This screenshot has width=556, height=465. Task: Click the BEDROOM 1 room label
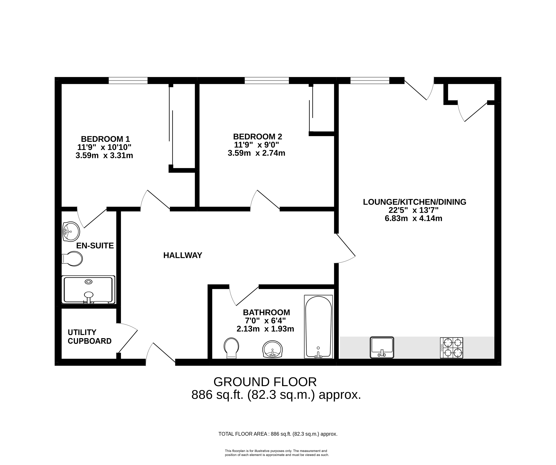coord(105,139)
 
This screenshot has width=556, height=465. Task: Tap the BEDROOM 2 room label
coord(258,137)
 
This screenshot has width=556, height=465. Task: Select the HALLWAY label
coord(183,255)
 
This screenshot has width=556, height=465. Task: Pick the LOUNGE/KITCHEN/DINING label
coord(415,202)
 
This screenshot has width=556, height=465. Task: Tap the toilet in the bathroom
coord(231,348)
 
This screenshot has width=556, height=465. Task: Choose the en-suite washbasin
coord(71,231)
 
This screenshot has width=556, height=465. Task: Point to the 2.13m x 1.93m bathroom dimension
coord(265,329)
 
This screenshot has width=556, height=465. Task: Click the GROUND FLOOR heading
coord(265,382)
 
